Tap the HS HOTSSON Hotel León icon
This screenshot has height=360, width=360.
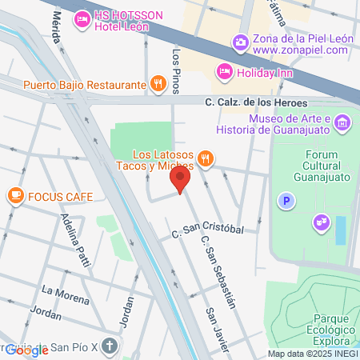coord(81,18)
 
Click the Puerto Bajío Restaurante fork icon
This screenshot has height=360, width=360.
coord(159,83)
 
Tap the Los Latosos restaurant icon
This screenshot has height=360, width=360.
coord(206,158)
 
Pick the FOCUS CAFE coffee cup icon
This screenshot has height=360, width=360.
coord(15,195)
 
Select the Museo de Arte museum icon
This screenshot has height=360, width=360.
coord(342,123)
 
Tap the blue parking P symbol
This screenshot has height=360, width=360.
coord(284,201)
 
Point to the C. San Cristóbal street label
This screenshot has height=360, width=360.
coord(206,231)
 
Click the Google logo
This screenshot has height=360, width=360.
coord(26,350)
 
